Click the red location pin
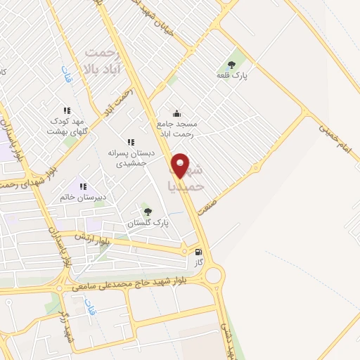tap(181, 165)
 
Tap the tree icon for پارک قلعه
tap(231, 65)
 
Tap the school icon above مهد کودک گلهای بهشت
tap(67, 110)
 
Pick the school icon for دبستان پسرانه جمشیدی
tap(131, 141)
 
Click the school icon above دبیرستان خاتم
tap(83, 187)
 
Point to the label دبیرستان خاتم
tap(82, 197)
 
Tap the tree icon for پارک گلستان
tap(147, 212)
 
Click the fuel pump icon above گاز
tap(198, 252)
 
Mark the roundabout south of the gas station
tap(211, 274)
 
